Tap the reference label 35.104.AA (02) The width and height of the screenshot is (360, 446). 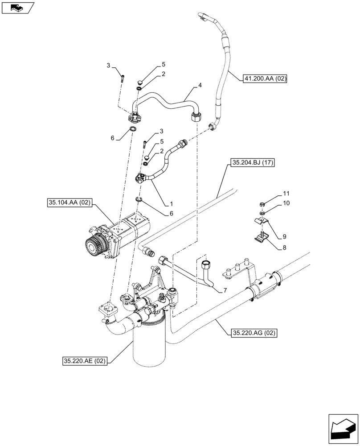pos(69,203)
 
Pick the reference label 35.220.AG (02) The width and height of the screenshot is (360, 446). pos(253,332)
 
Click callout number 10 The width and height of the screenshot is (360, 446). pos(286,203)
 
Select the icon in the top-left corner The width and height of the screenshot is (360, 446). pos(17,7)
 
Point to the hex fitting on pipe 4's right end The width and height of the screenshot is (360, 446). pos(195,118)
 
